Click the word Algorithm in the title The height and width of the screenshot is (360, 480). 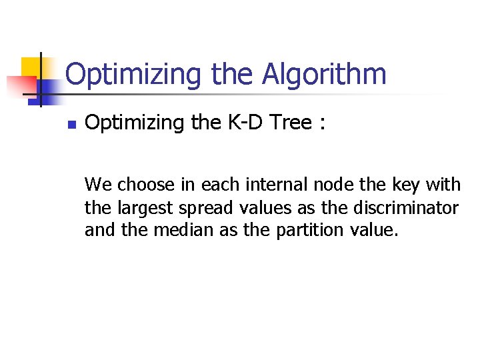(x=324, y=75)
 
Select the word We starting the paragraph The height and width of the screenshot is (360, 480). (x=99, y=184)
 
